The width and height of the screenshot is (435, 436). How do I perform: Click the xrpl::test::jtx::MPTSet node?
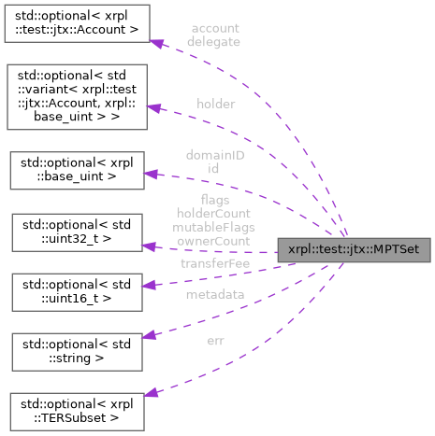(x=354, y=249)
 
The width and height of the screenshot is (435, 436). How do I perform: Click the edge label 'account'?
(x=214, y=28)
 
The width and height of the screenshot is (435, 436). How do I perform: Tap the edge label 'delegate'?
(x=214, y=42)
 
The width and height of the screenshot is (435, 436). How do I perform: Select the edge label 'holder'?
(x=216, y=103)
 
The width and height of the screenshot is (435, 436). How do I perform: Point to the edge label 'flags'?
(x=215, y=199)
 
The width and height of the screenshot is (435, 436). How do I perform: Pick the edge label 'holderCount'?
(x=215, y=213)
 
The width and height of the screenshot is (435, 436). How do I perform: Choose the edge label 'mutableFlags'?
(x=215, y=227)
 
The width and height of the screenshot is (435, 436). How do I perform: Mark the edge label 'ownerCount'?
(x=215, y=241)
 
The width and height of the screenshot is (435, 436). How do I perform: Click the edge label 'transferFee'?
(x=213, y=264)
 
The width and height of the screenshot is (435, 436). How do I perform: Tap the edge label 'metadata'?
(x=215, y=294)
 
